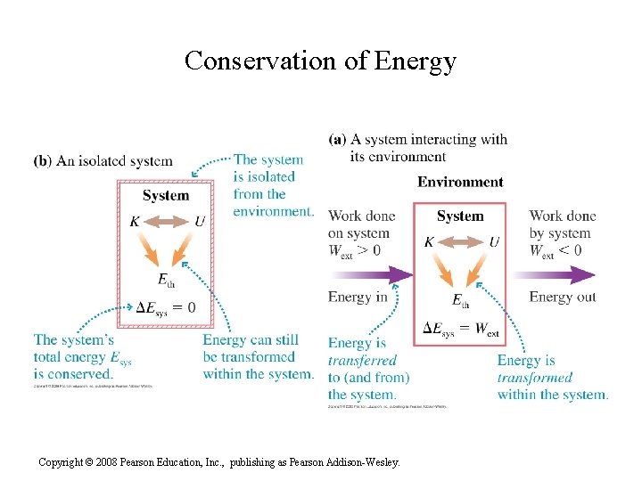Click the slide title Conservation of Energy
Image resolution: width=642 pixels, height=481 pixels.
320,61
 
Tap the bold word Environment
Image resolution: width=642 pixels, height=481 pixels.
460,182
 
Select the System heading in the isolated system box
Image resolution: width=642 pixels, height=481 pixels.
166,195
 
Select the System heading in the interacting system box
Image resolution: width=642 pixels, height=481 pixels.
460,216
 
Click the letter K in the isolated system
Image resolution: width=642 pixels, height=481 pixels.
135,221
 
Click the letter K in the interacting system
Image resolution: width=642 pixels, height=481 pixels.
429,241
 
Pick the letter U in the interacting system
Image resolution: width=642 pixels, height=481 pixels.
494,241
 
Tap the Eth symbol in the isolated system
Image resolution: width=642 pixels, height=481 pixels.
166,281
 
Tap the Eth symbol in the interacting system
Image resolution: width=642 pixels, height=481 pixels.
460,301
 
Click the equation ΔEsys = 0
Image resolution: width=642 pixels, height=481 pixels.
165,308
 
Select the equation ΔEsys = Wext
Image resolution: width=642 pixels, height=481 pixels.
460,329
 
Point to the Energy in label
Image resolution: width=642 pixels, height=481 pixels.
358,297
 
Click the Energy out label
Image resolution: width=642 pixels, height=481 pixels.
563,297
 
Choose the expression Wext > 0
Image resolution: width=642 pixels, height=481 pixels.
354,251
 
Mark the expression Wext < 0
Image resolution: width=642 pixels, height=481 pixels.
555,251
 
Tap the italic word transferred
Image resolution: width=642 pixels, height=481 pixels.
362,361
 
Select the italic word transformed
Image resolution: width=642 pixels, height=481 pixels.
535,377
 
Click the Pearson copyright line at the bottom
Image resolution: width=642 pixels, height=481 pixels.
219,462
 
